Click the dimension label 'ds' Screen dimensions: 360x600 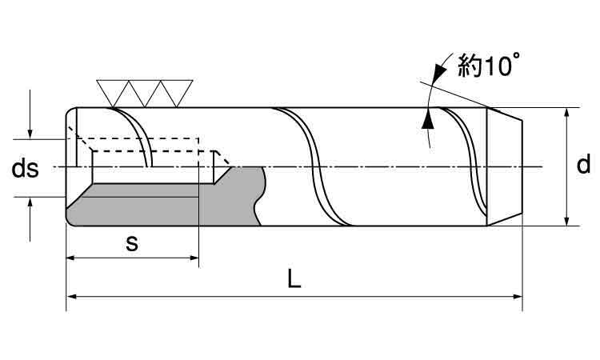tap(25, 169)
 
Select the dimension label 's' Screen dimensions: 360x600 tap(132, 243)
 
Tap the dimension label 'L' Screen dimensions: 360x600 tap(294, 279)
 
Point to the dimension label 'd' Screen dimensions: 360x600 tap(584, 165)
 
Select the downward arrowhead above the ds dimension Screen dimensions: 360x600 tap(30, 131)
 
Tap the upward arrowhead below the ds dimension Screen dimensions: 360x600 tap(30, 204)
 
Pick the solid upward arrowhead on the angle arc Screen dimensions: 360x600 tap(427, 119)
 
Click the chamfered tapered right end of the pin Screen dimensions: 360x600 tap(506, 166)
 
